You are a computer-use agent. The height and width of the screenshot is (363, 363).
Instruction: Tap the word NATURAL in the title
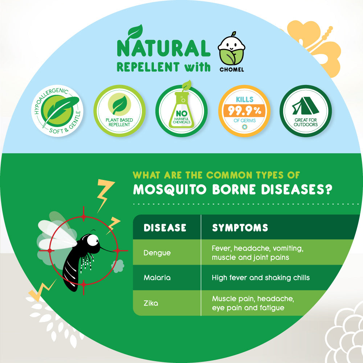point(163,48)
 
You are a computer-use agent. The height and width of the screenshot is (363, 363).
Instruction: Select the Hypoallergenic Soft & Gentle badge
point(57,111)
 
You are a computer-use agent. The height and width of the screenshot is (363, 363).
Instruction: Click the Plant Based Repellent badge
point(119,111)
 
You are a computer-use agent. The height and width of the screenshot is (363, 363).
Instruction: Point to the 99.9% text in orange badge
point(244,111)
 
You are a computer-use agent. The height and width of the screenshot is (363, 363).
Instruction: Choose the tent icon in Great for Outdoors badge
point(306,106)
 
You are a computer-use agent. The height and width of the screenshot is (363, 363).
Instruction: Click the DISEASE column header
point(165,228)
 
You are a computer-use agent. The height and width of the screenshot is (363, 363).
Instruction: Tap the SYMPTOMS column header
point(240,228)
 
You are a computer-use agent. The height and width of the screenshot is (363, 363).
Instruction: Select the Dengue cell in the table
point(157,253)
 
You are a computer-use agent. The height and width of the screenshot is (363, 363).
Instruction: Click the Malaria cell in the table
point(157,278)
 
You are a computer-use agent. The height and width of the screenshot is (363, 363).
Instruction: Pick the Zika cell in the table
point(151,303)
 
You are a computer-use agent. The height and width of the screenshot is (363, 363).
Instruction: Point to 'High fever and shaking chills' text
point(261,278)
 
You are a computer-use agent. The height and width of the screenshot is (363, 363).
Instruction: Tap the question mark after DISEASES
point(327,189)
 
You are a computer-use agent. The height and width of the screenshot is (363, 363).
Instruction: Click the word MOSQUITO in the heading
point(170,189)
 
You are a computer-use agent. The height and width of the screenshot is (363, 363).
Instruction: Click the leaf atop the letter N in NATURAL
point(135,31)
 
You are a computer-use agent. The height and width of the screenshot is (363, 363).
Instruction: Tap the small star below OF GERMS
point(244,127)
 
